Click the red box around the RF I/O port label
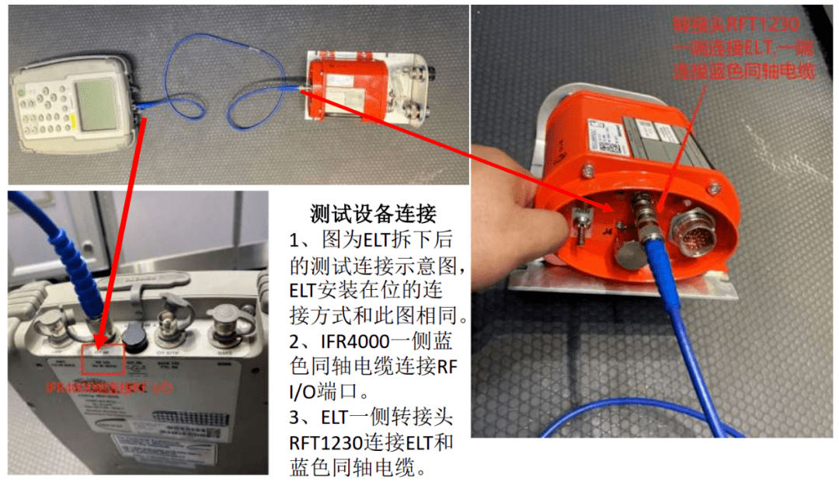(102, 355)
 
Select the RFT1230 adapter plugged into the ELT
(643, 218)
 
